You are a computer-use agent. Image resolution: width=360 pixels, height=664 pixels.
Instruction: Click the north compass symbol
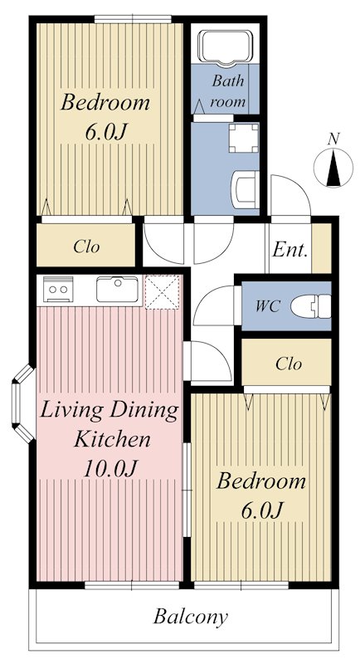(x=333, y=168)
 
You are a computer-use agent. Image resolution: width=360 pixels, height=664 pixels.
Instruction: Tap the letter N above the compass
(x=334, y=139)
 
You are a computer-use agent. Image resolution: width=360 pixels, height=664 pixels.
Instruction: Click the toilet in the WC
(x=311, y=306)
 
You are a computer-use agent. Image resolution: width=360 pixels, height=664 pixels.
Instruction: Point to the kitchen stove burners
(x=58, y=289)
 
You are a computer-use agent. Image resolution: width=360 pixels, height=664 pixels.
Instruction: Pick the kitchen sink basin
(x=117, y=289)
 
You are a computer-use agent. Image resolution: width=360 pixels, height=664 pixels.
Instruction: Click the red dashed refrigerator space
(x=163, y=292)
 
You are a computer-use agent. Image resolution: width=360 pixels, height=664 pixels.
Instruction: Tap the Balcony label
(x=190, y=617)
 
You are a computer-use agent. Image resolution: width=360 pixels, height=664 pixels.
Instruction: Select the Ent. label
(x=289, y=250)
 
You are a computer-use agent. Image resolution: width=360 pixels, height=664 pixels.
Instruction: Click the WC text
(x=267, y=306)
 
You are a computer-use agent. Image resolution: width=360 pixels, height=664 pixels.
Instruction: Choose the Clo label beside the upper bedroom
(x=86, y=246)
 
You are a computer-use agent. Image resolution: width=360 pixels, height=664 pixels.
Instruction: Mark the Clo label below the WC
(x=289, y=364)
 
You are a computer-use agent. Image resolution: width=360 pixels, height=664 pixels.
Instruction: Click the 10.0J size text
(x=111, y=468)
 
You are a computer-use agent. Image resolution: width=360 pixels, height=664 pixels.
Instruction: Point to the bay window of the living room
(x=20, y=403)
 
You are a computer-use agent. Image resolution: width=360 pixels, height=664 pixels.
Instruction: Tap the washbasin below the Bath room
(x=246, y=190)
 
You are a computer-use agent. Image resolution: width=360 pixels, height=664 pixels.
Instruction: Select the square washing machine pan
(x=244, y=138)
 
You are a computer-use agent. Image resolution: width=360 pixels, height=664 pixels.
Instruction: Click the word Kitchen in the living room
(x=112, y=439)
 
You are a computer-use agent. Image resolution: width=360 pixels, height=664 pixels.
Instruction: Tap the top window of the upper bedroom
(x=133, y=19)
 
